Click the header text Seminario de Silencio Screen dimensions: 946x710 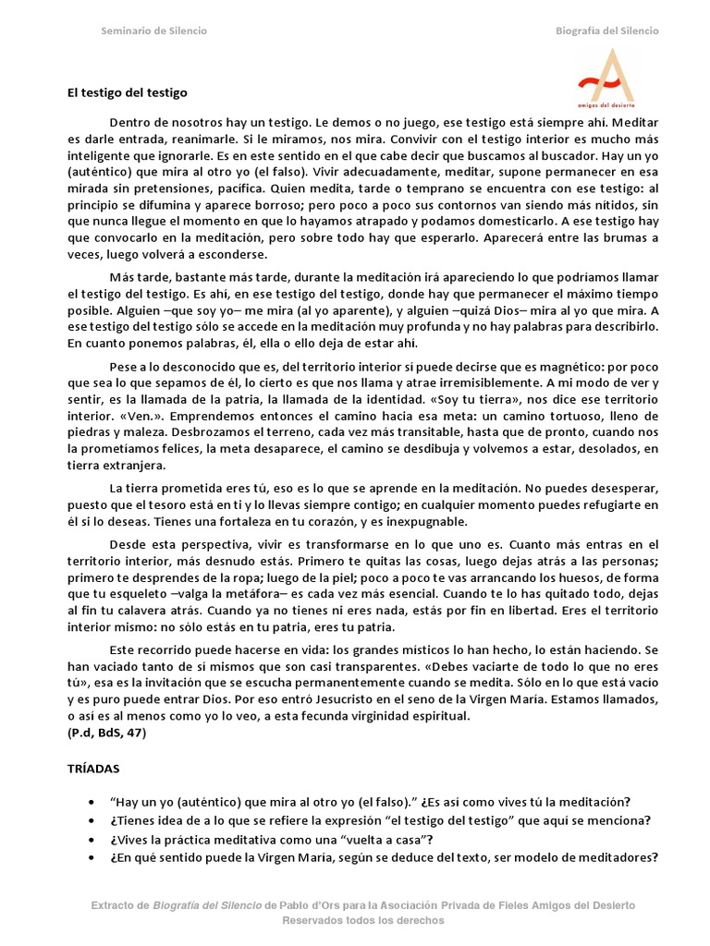153,31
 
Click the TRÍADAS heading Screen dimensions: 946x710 93,768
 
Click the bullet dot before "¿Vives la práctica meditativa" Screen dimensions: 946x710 90,839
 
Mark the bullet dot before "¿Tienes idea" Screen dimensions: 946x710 90,820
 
